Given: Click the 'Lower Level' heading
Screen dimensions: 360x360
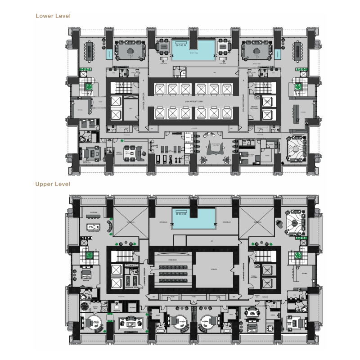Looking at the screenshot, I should [x=53, y=16].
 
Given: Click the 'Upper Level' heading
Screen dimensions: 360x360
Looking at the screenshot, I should [x=53, y=184].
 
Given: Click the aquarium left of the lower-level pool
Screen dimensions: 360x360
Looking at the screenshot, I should [x=109, y=54].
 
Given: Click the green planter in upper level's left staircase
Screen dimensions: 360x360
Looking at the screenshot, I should [x=90, y=255].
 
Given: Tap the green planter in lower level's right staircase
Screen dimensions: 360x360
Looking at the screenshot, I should [x=297, y=86].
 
